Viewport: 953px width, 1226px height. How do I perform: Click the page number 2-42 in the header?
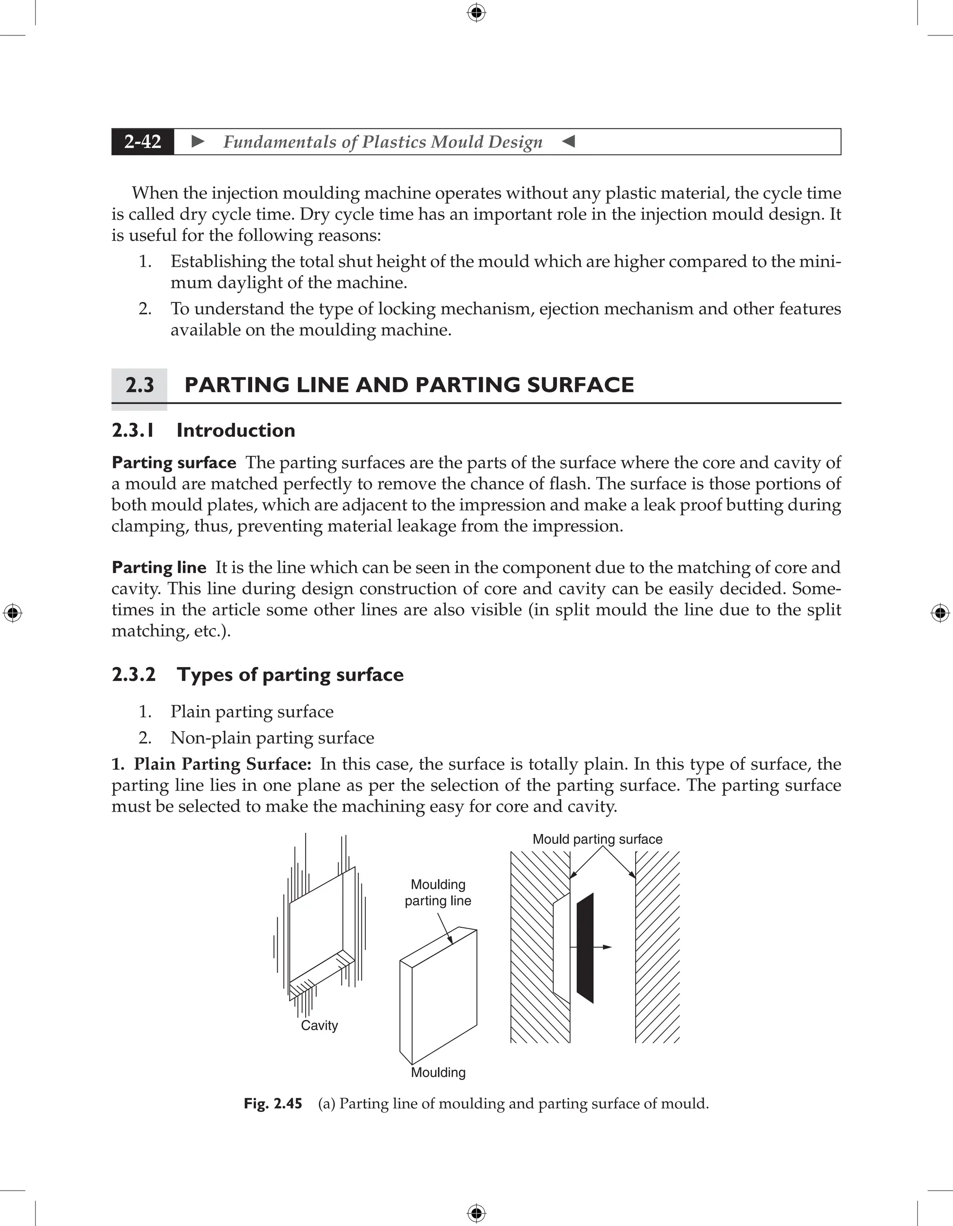[143, 142]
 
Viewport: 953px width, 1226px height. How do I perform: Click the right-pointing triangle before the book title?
[198, 141]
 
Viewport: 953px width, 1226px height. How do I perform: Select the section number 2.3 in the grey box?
[139, 386]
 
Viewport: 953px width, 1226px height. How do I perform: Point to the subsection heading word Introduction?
[236, 431]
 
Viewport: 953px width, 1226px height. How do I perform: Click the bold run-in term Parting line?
[159, 567]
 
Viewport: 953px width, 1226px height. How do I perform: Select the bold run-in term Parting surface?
[174, 463]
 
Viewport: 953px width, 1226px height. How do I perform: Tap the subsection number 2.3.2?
[134, 674]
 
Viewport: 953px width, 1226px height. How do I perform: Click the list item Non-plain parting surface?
[272, 738]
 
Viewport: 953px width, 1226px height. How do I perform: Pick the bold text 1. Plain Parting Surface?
[211, 764]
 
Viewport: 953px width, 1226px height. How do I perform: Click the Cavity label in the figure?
[319, 1026]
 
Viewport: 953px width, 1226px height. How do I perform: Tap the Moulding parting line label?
[438, 893]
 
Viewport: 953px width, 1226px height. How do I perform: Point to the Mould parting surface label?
[597, 839]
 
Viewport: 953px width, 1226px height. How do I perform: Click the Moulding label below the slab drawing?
[438, 1073]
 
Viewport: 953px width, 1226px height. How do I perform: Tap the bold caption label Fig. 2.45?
[273, 1104]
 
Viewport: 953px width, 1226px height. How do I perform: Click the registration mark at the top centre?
[476, 13]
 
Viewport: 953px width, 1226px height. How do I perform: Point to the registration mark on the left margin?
[13, 613]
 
